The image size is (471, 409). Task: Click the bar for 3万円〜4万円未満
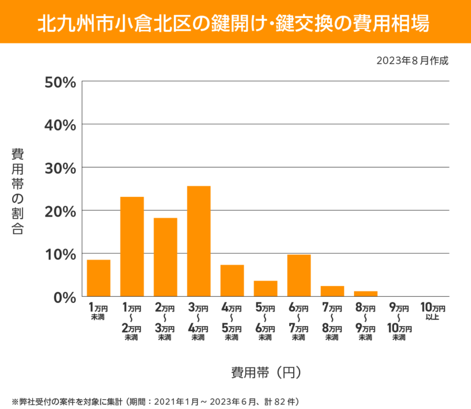click(199, 241)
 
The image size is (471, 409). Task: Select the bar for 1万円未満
click(99, 278)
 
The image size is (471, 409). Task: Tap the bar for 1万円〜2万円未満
click(132, 247)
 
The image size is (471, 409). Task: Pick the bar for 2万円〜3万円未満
click(165, 257)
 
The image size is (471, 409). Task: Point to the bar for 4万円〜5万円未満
click(232, 281)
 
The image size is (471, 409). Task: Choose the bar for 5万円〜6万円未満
click(265, 289)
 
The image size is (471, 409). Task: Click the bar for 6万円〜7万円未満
click(299, 275)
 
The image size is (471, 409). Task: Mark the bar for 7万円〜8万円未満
click(332, 291)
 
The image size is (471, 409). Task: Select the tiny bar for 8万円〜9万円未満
click(366, 294)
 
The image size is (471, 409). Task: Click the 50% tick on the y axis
click(60, 82)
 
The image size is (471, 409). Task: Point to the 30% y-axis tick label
click(60, 168)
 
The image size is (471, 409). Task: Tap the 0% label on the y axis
click(64, 297)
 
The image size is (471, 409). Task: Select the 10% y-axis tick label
click(60, 254)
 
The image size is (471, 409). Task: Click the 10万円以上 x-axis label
click(433, 311)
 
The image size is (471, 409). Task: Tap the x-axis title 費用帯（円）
click(266, 372)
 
